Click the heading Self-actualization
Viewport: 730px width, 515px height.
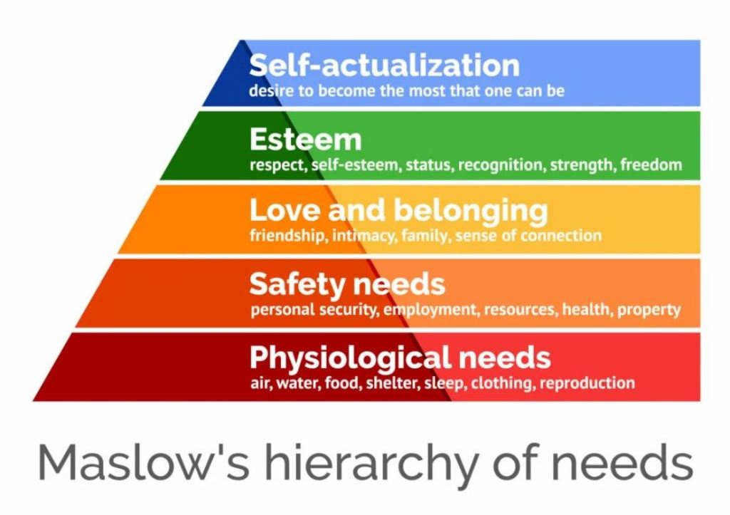[x=384, y=65]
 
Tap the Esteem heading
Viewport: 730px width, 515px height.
[x=305, y=139]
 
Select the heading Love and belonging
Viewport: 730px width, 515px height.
[x=399, y=211]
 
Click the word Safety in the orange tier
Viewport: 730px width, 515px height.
[x=296, y=284]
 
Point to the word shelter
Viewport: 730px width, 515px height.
[x=393, y=383]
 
